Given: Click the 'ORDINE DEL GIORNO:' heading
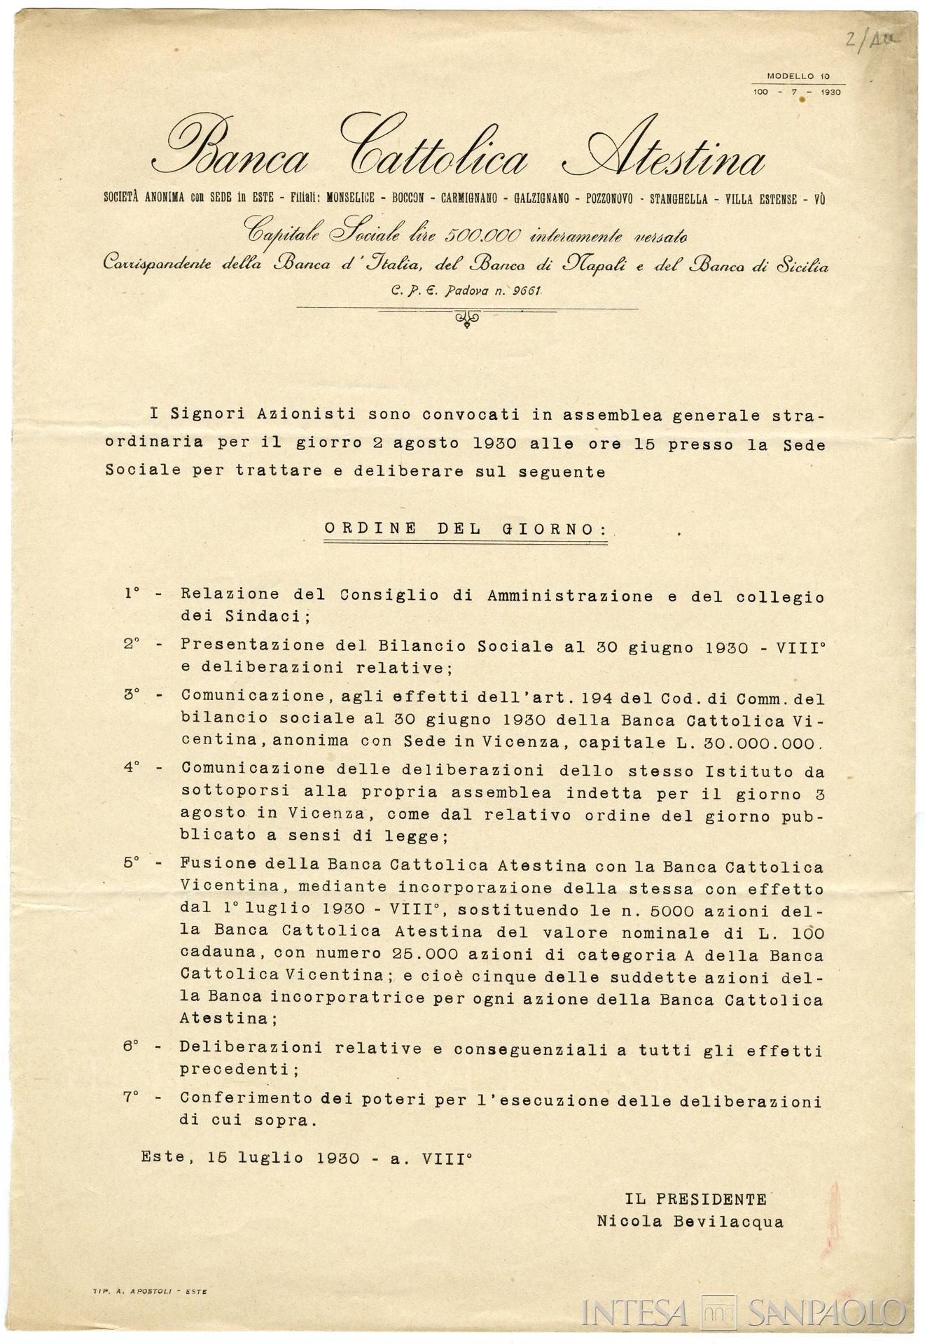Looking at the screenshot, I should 466,528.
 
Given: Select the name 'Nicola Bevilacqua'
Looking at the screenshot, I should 690,1221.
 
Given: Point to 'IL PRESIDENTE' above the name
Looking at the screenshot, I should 696,1198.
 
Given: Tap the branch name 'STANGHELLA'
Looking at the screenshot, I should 679,199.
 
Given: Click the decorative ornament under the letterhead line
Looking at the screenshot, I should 467,318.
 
